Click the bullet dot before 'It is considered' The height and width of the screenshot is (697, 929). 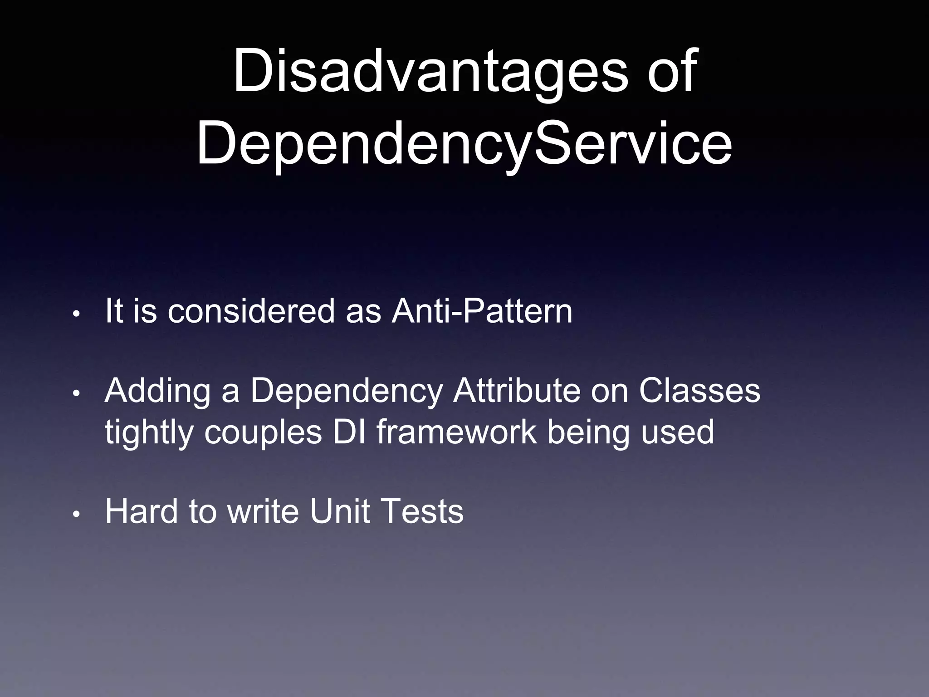click(x=77, y=314)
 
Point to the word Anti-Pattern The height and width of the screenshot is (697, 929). click(x=482, y=311)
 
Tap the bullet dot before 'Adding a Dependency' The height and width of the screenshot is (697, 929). click(x=77, y=393)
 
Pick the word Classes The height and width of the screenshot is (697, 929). click(x=699, y=390)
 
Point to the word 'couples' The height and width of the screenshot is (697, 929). click(x=263, y=432)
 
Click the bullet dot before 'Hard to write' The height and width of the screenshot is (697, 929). click(x=77, y=515)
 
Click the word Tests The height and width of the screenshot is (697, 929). click(x=422, y=511)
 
